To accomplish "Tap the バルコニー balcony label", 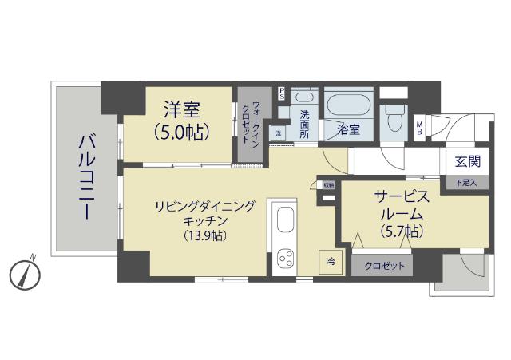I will (83, 176).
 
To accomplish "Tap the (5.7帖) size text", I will (401, 231).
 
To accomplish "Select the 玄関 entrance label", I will (467, 161).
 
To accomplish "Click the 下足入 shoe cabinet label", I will (466, 183).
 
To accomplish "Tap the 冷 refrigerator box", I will (329, 262).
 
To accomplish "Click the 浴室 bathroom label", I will (349, 129).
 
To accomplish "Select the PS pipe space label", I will (282, 92).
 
